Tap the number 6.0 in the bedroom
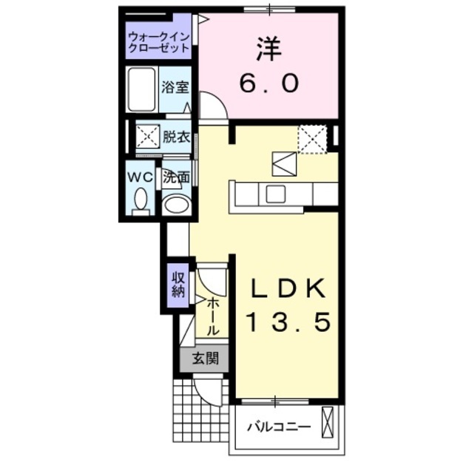point(269,83)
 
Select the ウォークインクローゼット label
point(158,41)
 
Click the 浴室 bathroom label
point(175,87)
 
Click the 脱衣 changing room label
point(176,137)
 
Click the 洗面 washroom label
point(176,177)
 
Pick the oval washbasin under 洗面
point(175,203)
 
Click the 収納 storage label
point(178,284)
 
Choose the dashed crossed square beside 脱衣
point(146,137)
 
